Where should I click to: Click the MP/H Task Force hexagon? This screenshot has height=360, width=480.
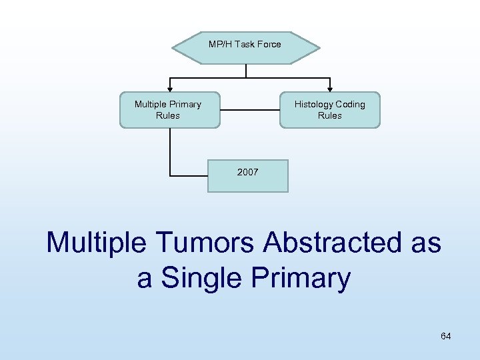245,47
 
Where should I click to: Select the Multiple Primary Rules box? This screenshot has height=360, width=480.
169,110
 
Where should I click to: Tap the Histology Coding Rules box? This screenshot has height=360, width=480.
329,110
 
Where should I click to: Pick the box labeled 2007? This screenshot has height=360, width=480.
247,175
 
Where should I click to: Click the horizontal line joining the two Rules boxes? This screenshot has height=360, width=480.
249,110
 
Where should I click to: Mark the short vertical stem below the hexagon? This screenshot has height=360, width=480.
246,71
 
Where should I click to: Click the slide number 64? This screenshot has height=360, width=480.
445,336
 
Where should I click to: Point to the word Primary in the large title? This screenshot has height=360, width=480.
306,278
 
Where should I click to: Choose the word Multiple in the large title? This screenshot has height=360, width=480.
95,243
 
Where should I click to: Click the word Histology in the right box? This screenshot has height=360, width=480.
313,105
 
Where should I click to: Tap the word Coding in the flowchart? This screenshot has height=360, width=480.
350,105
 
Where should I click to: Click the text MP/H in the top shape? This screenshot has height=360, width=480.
219,45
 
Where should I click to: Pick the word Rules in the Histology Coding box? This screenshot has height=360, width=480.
329,116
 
